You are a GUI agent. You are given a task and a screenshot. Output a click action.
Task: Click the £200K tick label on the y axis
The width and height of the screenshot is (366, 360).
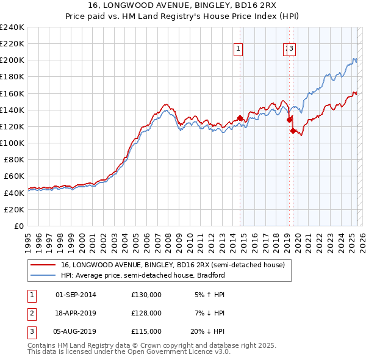pyautogui.click(x=12, y=60)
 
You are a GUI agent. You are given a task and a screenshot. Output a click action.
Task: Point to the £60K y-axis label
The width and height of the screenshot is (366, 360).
pyautogui.click(x=14, y=176)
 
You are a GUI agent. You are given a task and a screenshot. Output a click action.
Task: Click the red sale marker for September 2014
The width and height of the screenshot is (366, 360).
pyautogui.click(x=240, y=118)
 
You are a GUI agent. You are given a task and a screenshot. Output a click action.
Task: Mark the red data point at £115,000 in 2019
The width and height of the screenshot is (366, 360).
pyautogui.click(x=293, y=131)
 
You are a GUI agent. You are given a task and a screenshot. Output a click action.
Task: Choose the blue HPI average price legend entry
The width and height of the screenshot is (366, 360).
pyautogui.click(x=143, y=275)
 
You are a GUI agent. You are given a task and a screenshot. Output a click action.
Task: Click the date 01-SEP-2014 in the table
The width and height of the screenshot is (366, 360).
pyautogui.click(x=76, y=295)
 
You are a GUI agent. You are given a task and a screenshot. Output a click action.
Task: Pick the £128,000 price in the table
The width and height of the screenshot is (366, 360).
pyautogui.click(x=146, y=313)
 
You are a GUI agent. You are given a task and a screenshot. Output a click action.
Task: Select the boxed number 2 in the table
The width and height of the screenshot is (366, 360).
pyautogui.click(x=31, y=313)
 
